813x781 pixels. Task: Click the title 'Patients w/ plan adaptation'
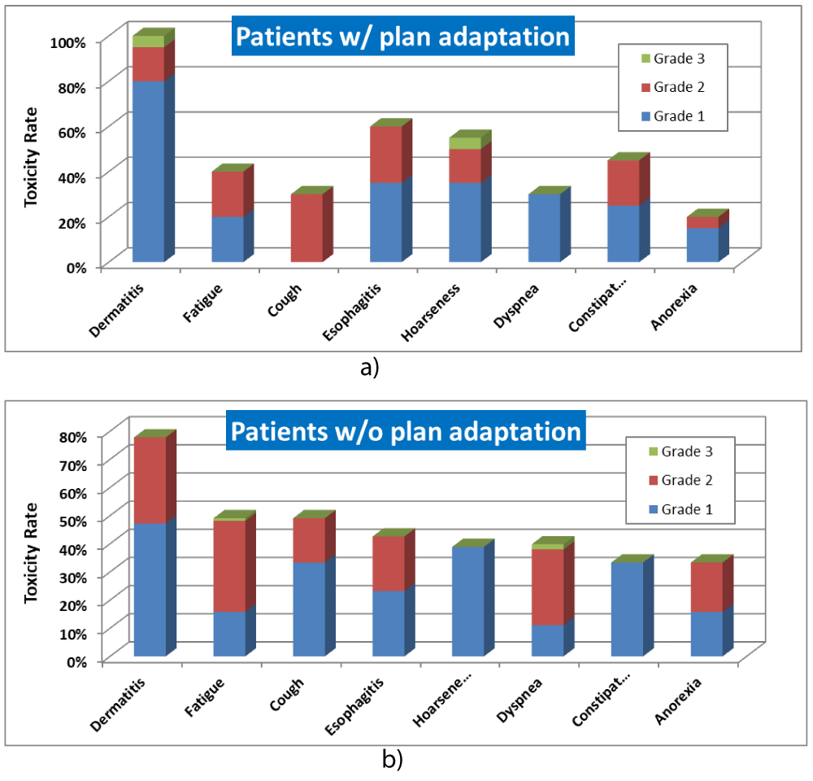pos(402,37)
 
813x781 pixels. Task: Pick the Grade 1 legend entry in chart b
pos(679,510)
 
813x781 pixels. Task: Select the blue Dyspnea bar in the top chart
pos(544,228)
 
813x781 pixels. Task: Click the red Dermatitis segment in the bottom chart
pos(148,480)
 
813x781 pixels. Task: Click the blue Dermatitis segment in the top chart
pos(148,171)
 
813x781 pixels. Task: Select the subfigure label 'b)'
pos(392,760)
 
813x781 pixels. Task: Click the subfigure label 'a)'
pos(369,367)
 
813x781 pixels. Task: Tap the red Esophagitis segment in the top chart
pos(385,155)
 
